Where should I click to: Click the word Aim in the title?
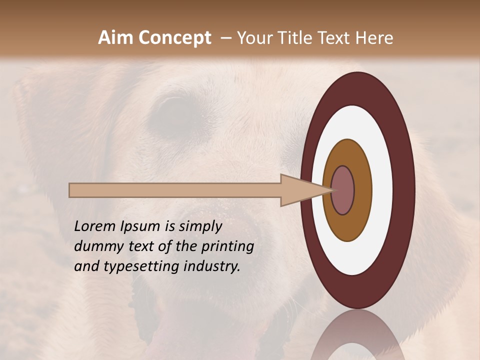pos(115,38)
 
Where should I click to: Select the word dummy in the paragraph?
pos(97,246)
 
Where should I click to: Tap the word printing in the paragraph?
pos(227,246)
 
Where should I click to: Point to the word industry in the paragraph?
pos(212,266)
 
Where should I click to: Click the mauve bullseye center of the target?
pos(343,190)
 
